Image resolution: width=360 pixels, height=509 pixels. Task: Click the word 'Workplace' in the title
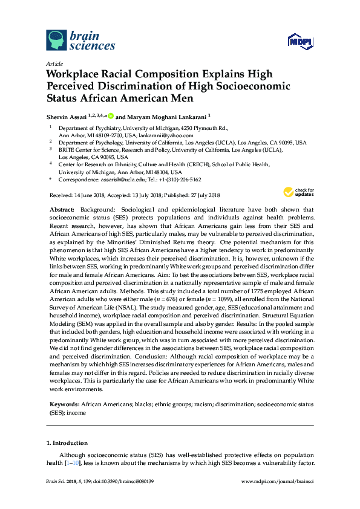[x=76, y=74]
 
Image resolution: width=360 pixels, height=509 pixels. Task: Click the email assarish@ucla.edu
[x=120, y=180]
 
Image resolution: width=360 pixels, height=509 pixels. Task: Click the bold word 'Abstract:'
[x=62, y=208]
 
